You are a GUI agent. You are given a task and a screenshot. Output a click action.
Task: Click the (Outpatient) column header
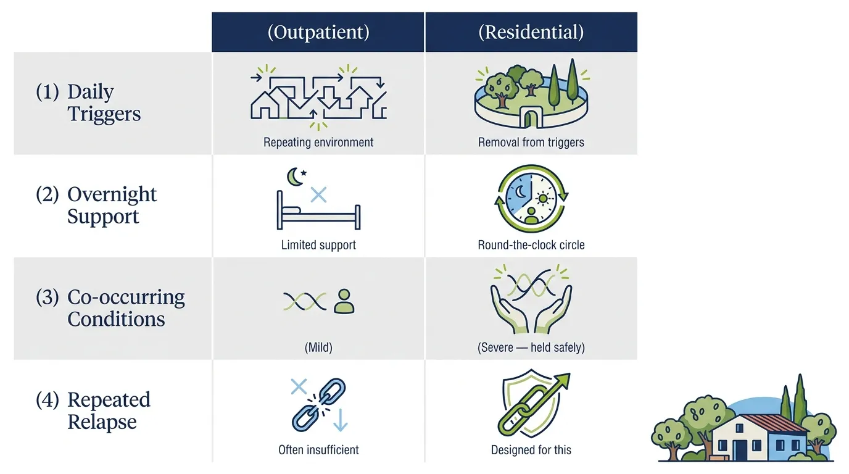tap(318, 32)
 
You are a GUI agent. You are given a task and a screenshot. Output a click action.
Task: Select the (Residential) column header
tap(531, 32)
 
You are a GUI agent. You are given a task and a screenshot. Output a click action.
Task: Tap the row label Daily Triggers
tap(88, 102)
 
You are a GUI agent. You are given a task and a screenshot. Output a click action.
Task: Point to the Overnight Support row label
tap(96, 205)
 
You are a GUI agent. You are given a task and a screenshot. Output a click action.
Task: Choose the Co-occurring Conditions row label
tap(110, 308)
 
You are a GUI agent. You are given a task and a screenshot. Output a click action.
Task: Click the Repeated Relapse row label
tap(93, 410)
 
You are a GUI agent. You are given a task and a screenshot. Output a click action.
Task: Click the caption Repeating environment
tap(318, 142)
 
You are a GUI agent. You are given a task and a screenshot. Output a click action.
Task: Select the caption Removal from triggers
tap(531, 142)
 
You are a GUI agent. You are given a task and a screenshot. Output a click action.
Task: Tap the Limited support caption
tap(318, 245)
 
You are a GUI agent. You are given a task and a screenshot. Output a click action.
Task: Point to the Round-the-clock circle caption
tap(531, 245)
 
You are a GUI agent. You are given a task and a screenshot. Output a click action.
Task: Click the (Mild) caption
tap(318, 347)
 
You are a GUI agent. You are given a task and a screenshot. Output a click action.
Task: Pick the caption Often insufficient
tap(318, 450)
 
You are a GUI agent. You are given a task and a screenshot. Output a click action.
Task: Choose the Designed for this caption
tap(531, 450)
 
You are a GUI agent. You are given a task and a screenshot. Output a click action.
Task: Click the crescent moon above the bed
tap(292, 178)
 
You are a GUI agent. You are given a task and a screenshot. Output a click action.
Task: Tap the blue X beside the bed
tap(318, 195)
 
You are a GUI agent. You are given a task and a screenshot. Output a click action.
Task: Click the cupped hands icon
tap(531, 309)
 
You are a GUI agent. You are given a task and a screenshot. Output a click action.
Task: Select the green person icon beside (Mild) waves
tap(344, 301)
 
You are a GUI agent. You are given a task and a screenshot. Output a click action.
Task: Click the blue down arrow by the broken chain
tap(341, 420)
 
